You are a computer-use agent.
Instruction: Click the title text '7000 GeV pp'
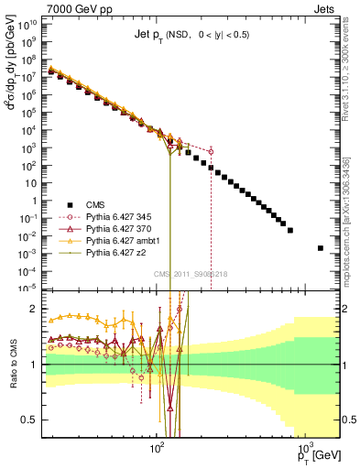coord(47,7)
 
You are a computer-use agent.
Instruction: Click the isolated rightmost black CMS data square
coord(321,248)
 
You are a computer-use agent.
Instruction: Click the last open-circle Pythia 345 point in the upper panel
coord(212,151)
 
